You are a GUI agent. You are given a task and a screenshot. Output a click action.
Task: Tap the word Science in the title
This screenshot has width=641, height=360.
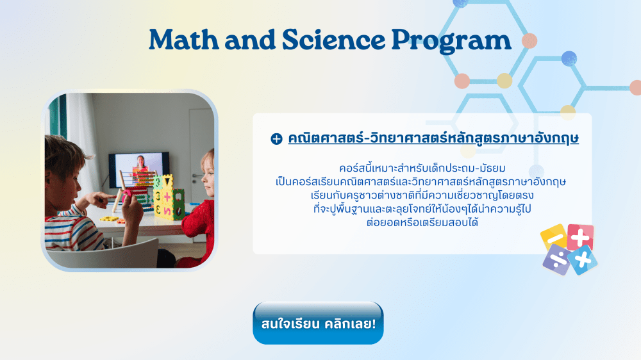(x=333, y=40)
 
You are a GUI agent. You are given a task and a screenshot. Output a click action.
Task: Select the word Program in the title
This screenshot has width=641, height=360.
(x=451, y=42)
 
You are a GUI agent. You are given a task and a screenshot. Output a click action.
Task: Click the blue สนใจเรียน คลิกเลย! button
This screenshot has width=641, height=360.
(x=318, y=323)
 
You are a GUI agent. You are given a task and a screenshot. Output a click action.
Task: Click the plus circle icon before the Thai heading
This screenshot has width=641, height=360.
(x=276, y=139)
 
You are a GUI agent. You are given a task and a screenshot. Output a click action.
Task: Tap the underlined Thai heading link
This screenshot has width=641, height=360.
(x=433, y=138)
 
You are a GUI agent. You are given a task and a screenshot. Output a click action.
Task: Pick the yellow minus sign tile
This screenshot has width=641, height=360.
(x=554, y=236)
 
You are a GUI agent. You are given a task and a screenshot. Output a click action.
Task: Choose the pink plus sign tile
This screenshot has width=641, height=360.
(x=580, y=237)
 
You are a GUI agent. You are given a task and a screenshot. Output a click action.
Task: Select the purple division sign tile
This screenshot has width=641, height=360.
(x=557, y=259)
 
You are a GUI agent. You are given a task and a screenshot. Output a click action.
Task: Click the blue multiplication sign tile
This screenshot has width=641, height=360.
(x=583, y=260)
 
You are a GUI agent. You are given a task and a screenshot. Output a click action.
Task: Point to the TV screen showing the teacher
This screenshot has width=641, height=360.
(x=139, y=168)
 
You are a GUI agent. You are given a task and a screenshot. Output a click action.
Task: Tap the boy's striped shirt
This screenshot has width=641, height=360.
(x=76, y=228)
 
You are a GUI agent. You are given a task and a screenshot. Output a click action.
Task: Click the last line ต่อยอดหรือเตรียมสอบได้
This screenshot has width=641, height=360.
(x=422, y=222)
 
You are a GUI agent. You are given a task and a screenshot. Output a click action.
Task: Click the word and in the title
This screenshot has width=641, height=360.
(x=250, y=40)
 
